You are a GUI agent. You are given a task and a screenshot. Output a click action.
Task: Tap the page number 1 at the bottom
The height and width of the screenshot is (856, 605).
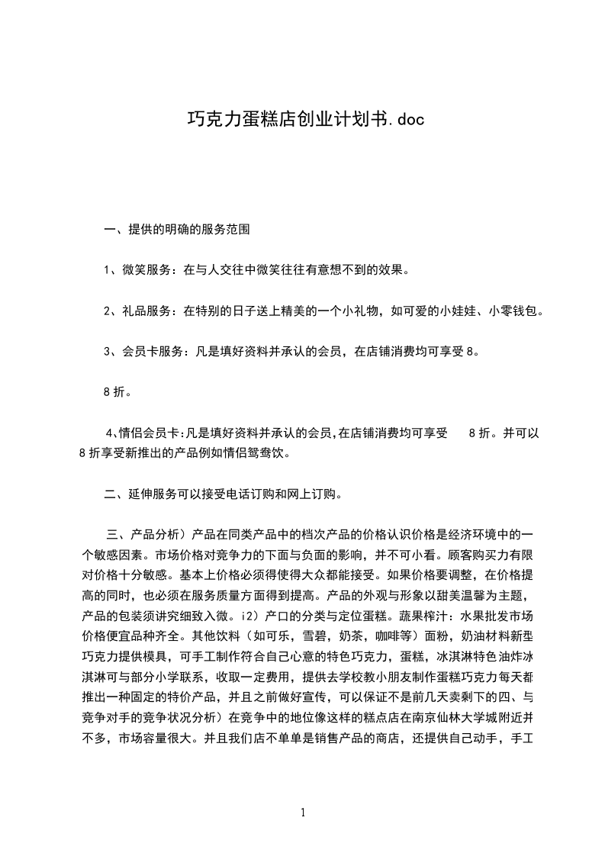303,813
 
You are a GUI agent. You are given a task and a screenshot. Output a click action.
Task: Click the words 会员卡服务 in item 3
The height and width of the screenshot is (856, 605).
153,352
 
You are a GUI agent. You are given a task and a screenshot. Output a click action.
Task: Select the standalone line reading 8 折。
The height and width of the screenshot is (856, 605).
116,392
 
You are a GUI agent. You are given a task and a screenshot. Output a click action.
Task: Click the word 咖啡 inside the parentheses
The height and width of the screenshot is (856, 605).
388,634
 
